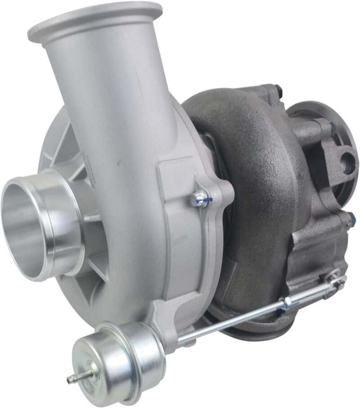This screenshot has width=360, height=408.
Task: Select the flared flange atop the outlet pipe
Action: (x=94, y=20)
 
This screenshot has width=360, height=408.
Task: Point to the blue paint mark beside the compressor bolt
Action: (x=206, y=198)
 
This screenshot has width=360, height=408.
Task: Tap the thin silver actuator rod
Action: (x=234, y=320)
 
